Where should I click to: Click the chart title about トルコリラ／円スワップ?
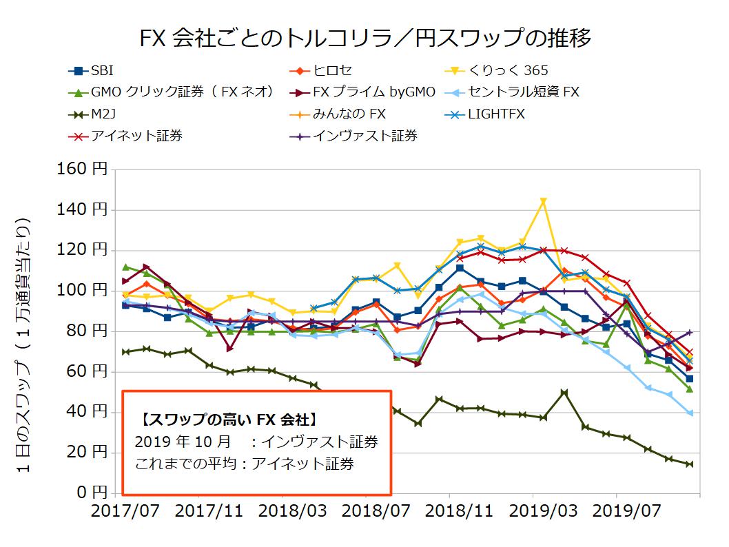point(364,37)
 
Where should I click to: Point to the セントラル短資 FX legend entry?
point(524,92)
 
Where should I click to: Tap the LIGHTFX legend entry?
point(496,114)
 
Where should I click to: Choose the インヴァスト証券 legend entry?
point(365,136)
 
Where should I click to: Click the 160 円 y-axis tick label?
point(82,169)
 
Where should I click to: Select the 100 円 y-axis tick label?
point(82,291)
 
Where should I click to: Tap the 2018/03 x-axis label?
point(283,513)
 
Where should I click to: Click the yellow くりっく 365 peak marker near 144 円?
point(544,201)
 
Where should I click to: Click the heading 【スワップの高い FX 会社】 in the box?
point(228,419)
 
